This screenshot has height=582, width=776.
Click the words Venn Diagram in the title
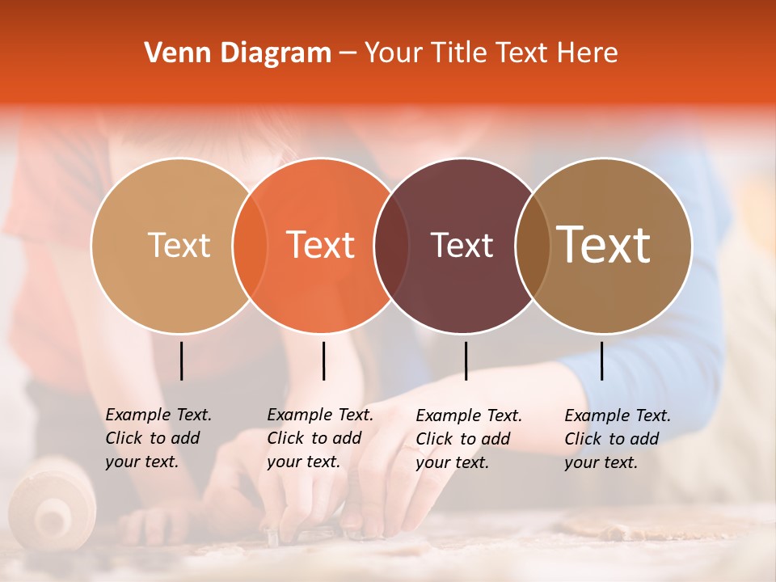click(238, 53)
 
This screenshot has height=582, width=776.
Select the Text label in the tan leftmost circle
click(179, 245)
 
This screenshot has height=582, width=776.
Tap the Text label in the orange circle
click(321, 245)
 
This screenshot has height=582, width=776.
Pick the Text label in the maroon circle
click(462, 245)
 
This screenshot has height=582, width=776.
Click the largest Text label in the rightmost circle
click(604, 245)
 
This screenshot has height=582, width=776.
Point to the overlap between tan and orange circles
click(250, 245)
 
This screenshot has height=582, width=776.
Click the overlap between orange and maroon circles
click(392, 245)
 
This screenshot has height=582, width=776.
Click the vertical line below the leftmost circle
click(181, 361)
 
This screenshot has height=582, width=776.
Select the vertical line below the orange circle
click(323, 361)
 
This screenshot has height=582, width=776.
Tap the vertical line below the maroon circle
click(466, 361)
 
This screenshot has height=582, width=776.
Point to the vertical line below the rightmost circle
click(601, 361)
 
